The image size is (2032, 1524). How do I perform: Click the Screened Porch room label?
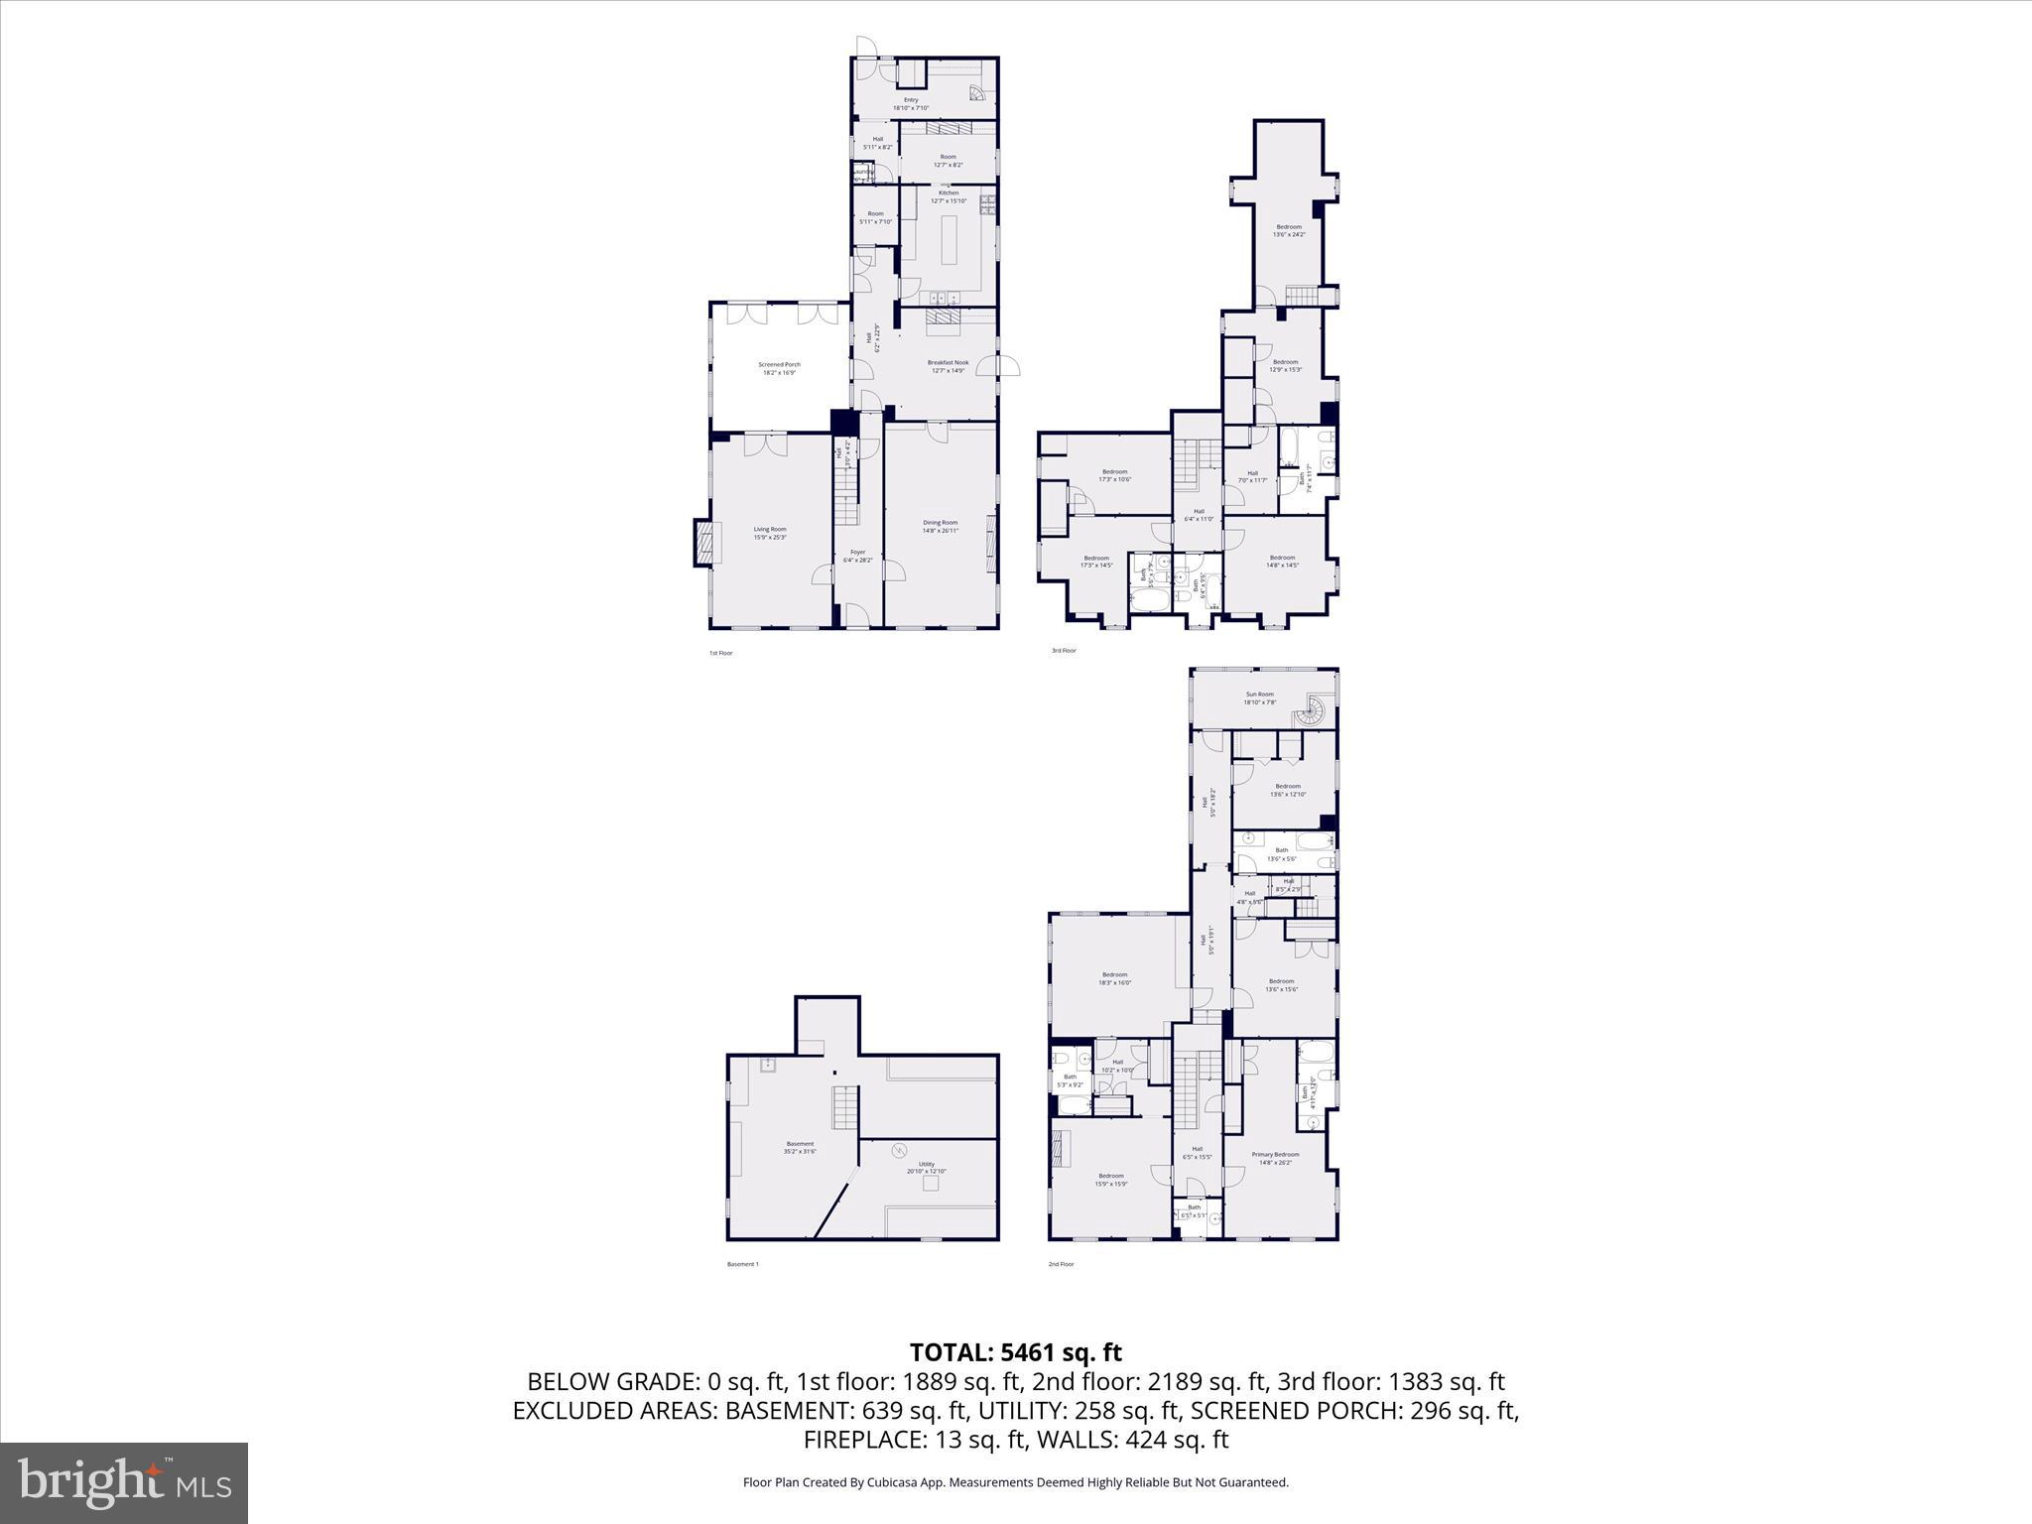point(779,368)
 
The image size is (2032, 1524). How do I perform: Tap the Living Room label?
point(770,533)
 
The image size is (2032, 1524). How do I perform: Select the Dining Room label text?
point(941,526)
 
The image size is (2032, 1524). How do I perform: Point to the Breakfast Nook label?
point(948,366)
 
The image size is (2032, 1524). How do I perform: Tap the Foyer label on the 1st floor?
point(857,556)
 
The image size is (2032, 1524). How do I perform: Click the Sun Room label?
point(1259,698)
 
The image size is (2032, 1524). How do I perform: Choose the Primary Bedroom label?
point(1275,1158)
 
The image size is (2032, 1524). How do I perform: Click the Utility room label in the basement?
point(926,1167)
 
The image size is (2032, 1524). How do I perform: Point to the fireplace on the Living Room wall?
point(703,544)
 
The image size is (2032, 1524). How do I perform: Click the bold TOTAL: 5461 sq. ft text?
point(1015,1352)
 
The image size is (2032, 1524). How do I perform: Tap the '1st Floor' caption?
point(720,653)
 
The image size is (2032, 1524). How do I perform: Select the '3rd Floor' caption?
point(1063,651)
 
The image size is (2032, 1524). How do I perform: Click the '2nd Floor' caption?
point(1061,1264)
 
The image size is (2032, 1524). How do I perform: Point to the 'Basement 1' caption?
point(742,1264)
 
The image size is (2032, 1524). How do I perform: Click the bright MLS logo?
point(124,1483)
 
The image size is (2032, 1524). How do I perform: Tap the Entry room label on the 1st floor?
point(911,103)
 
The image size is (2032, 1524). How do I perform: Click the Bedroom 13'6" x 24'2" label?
point(1289,230)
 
